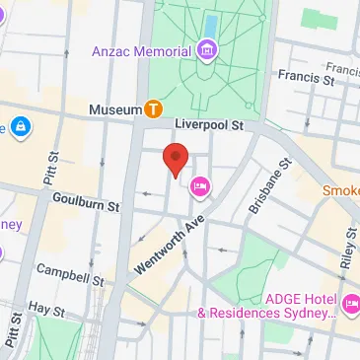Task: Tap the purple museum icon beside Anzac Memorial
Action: [x=207, y=49]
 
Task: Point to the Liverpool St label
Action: [x=208, y=126]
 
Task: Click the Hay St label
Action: [x=45, y=309]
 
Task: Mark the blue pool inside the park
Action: [x=211, y=22]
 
